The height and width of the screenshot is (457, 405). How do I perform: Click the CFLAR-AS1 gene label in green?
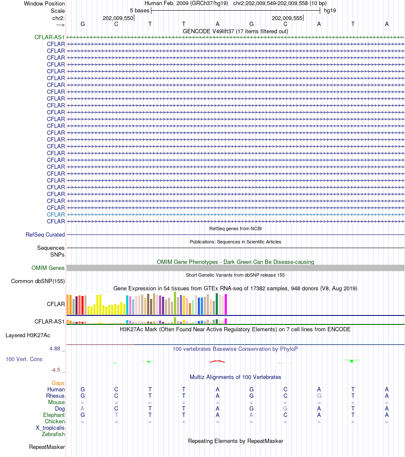tap(49, 38)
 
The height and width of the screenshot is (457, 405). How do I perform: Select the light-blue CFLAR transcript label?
tap(56, 215)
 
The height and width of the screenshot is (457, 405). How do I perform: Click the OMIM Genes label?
tap(48, 268)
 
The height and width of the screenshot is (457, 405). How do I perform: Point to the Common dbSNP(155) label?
tap(38, 281)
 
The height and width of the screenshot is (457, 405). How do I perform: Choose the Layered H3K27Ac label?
tap(28, 336)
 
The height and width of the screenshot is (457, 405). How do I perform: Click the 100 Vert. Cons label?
tap(24, 359)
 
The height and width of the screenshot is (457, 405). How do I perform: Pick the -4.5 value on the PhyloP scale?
tap(55, 370)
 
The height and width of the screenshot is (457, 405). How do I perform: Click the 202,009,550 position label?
tap(118, 18)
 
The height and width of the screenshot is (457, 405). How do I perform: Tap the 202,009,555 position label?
tap(287, 18)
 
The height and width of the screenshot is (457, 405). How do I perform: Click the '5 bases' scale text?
tap(139, 11)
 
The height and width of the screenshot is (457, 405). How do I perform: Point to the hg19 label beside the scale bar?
tap(330, 11)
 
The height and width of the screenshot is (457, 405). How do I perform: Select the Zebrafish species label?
tap(53, 434)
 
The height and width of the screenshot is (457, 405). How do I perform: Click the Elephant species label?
tap(54, 415)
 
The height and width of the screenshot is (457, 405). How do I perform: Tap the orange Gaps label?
tap(58, 383)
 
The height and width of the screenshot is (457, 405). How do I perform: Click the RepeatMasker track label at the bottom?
tap(47, 447)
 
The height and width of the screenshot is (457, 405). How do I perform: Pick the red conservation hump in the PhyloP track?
tap(217, 361)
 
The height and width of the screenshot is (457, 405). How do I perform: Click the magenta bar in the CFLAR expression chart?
tap(226, 304)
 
